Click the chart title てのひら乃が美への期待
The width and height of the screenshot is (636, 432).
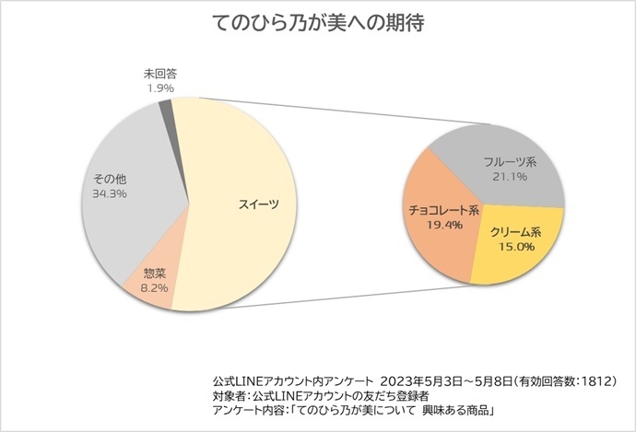317,23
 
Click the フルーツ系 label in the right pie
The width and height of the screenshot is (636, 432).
511,161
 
